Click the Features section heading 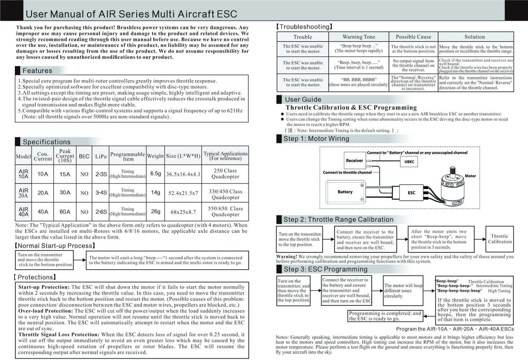coord(37,71)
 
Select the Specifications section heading coord(46,142)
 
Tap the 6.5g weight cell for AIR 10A coord(155,173)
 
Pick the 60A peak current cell coord(65,211)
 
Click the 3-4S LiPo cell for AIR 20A coord(101,193)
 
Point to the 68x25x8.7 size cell coord(183,212)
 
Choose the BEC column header coord(84,157)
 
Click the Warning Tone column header coord(359,37)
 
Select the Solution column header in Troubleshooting coord(474,37)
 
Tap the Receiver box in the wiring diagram coord(354,160)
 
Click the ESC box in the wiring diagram coord(411,193)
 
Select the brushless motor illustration coord(455,185)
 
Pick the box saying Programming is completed coord(378,316)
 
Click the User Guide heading coord(303,99)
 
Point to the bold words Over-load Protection coord(40,311)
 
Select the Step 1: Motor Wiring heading coord(316,139)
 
